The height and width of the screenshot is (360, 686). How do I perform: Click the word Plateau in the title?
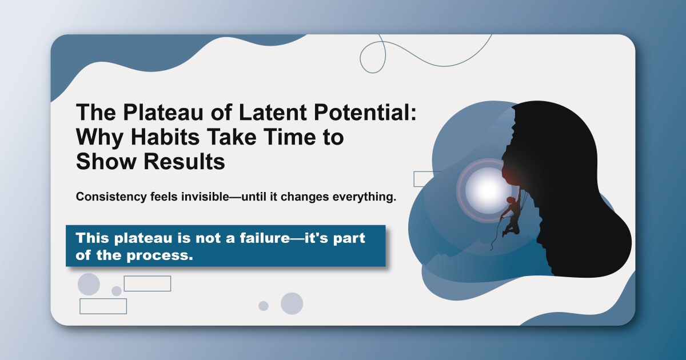pyautogui.click(x=145, y=113)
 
